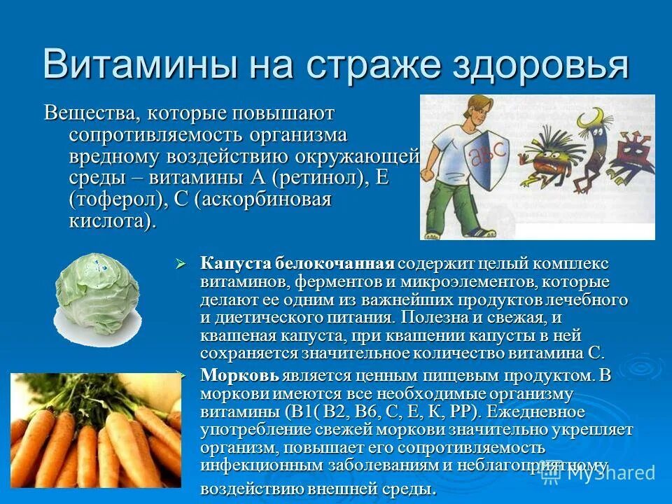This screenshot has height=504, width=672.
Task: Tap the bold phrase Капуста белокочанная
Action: pos(297,265)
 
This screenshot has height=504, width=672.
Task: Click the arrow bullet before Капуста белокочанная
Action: pos(180,265)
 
